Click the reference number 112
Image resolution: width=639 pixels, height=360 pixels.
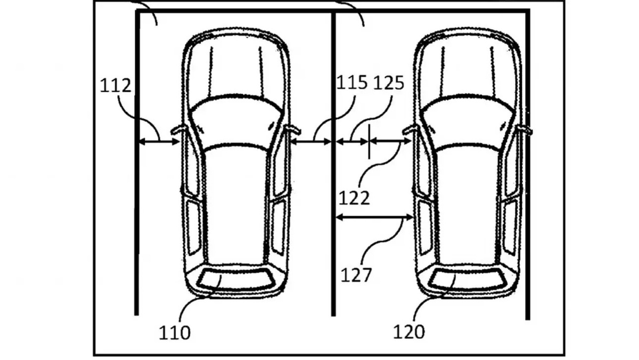tap(116, 85)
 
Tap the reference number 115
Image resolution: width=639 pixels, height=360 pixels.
tap(352, 83)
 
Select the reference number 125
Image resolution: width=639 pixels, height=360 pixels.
tap(389, 83)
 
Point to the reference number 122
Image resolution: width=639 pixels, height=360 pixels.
tap(354, 198)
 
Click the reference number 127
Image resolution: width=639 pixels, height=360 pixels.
tap(356, 275)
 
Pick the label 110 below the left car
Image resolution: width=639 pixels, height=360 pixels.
tap(175, 333)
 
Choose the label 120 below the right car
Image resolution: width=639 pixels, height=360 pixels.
tap(409, 332)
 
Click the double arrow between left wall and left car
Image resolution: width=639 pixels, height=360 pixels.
tap(159, 141)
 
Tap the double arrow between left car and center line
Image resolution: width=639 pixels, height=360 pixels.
tap(310, 141)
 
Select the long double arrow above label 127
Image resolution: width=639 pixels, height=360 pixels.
tap(374, 218)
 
